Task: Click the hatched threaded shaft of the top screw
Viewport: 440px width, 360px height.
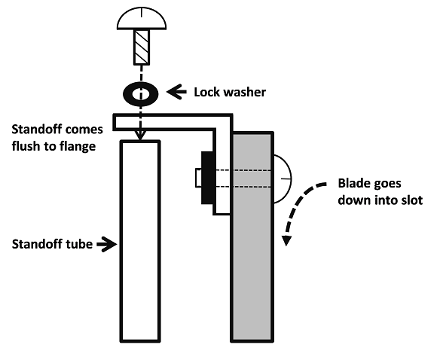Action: pyautogui.click(x=142, y=47)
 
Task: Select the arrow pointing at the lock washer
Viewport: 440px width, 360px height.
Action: pyautogui.click(x=176, y=92)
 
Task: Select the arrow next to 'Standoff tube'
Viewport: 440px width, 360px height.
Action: pyautogui.click(x=107, y=244)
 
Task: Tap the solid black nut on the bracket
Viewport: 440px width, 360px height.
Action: pyautogui.click(x=207, y=178)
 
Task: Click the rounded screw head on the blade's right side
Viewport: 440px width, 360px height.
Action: pyautogui.click(x=283, y=178)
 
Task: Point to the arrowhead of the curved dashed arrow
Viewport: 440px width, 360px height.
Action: pyautogui.click(x=286, y=241)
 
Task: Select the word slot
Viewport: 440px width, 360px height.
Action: pyautogui.click(x=412, y=200)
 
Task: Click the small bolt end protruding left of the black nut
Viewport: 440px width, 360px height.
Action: pyautogui.click(x=198, y=178)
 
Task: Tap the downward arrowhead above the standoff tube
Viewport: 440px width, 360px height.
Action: pyautogui.click(x=140, y=135)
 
